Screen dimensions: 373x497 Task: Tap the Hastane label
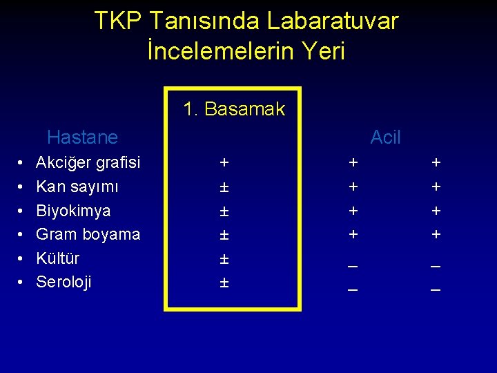click(x=82, y=137)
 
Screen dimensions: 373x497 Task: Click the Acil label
click(x=385, y=137)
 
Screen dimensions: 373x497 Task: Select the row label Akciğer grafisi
click(x=88, y=163)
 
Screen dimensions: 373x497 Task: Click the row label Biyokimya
click(x=73, y=211)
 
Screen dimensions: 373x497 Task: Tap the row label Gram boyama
click(x=88, y=234)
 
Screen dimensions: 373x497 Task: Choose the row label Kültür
click(x=57, y=258)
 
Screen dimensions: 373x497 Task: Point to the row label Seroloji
click(x=64, y=282)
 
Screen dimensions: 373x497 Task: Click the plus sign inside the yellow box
click(x=224, y=163)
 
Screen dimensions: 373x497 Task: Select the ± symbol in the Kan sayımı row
click(x=224, y=187)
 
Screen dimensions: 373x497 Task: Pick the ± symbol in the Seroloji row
click(x=224, y=283)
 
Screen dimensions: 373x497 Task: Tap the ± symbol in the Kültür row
click(x=224, y=259)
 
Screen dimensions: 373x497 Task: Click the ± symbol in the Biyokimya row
click(x=224, y=211)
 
